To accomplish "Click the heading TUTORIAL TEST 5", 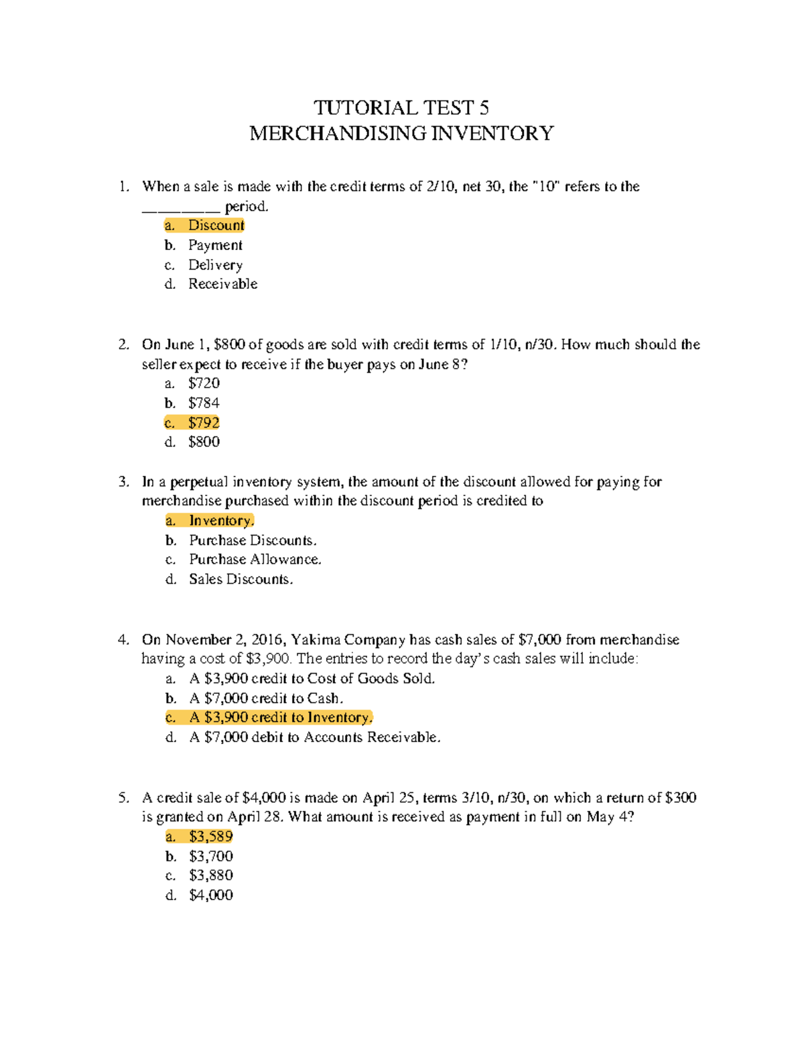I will (401, 108).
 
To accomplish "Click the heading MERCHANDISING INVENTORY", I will (401, 133).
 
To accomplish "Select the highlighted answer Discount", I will (216, 225).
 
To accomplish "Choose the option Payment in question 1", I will (215, 245).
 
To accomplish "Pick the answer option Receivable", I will (222, 284).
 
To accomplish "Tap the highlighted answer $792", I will (204, 423).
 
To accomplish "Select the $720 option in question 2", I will (204, 383).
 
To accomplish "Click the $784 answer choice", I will (204, 403).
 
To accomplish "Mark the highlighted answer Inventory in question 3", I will (221, 521).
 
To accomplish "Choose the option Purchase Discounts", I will (253, 540).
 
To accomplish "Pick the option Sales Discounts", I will (241, 579).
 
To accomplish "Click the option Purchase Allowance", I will (255, 560).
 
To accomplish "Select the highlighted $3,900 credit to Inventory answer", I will (281, 718).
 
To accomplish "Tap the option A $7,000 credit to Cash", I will (266, 698).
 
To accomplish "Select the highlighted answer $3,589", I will (210, 837).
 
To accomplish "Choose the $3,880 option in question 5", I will (210, 875).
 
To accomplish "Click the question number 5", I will (123, 798).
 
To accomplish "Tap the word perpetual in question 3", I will (198, 482).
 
